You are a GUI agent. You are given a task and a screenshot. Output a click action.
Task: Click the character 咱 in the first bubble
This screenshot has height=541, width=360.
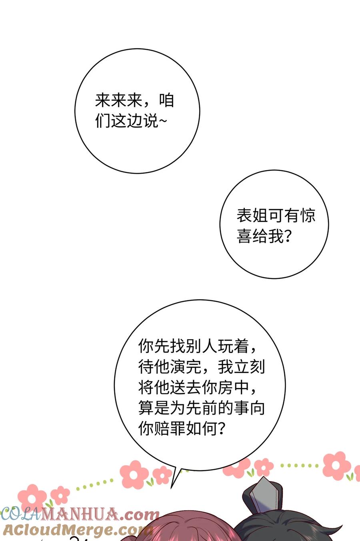(166, 100)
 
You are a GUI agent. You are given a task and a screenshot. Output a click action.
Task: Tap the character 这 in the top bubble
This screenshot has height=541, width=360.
(119, 120)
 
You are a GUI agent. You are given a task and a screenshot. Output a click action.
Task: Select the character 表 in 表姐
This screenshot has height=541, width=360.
(244, 216)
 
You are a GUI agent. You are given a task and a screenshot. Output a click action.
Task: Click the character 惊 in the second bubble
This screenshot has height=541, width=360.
(308, 216)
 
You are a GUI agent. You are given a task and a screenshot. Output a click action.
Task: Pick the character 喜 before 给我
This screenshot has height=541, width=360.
(244, 236)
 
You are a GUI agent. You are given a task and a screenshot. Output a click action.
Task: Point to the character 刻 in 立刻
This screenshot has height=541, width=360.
(257, 367)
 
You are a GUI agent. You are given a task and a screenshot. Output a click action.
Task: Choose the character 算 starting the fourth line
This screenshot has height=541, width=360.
(146, 408)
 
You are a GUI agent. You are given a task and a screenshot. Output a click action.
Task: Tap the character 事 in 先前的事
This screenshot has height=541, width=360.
(241, 408)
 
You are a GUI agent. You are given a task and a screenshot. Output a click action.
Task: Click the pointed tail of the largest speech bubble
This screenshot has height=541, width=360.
(171, 488)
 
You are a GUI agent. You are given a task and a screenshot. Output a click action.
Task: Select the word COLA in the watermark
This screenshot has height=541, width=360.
(20, 515)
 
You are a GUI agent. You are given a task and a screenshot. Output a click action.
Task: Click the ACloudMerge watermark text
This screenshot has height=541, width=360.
(77, 530)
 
